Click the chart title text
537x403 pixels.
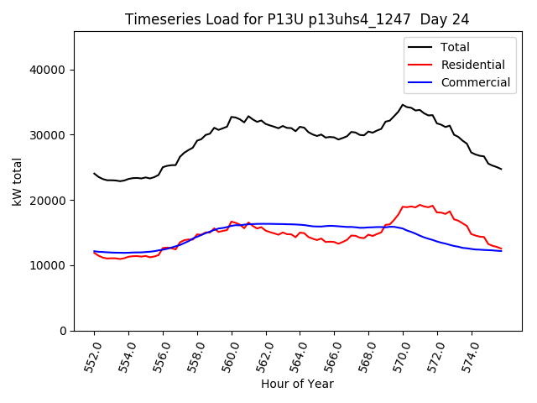pos(297,18)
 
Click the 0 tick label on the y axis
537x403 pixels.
pos(63,331)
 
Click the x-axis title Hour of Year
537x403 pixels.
pos(297,384)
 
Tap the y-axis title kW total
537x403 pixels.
pos(16,181)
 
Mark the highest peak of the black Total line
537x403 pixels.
pos(403,105)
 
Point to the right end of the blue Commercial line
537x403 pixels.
pos(501,251)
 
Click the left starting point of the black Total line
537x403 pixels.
pos(94,174)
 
